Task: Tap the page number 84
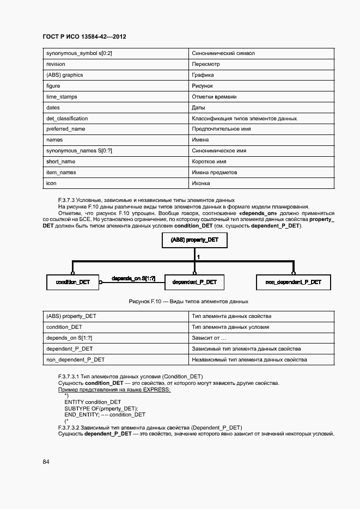(46, 462)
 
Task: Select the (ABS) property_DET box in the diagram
(194, 240)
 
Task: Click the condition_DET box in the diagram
(72, 282)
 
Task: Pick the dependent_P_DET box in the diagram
(194, 282)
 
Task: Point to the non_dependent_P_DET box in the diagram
(293, 282)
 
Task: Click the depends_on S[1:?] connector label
(133, 278)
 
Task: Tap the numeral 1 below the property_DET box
(198, 256)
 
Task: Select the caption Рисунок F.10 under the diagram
(188, 301)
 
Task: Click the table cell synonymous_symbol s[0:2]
(79, 53)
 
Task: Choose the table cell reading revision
(56, 64)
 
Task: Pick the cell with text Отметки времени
(214, 96)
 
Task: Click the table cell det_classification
(67, 118)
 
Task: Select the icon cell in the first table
(52, 183)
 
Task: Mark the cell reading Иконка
(202, 183)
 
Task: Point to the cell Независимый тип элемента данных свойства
(249, 359)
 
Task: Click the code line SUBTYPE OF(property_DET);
(101, 408)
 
